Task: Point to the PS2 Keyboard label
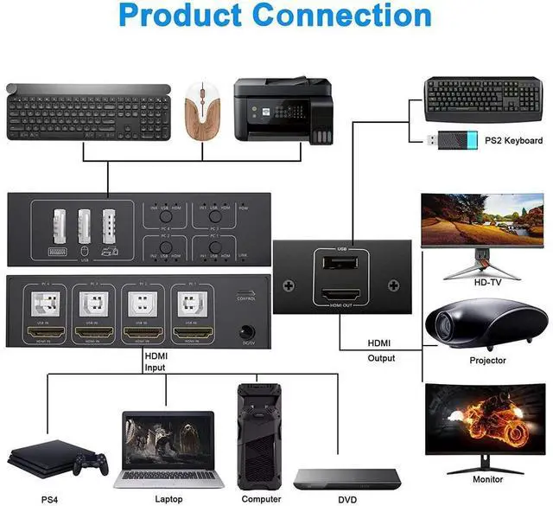pos(513,141)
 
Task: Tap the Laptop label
pos(168,499)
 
